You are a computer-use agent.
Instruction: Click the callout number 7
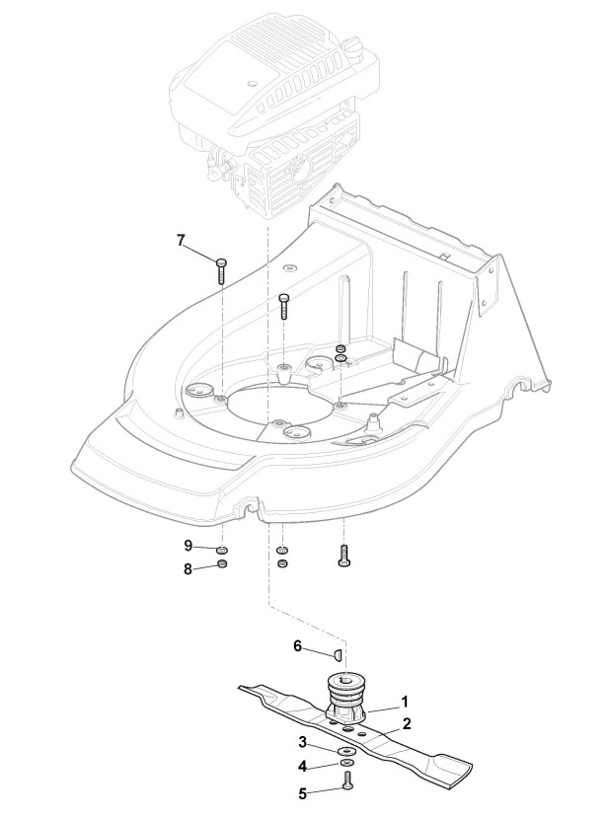click(181, 240)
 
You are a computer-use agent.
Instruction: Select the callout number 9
click(188, 546)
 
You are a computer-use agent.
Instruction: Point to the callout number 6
click(297, 646)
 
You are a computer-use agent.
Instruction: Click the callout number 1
click(404, 703)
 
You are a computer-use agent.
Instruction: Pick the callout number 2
click(406, 723)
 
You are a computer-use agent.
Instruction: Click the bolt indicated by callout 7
click(221, 267)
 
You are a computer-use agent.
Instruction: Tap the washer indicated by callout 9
click(222, 549)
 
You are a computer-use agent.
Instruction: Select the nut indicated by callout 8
click(222, 565)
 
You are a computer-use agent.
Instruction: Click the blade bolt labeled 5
click(348, 781)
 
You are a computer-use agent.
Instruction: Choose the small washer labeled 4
click(347, 763)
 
